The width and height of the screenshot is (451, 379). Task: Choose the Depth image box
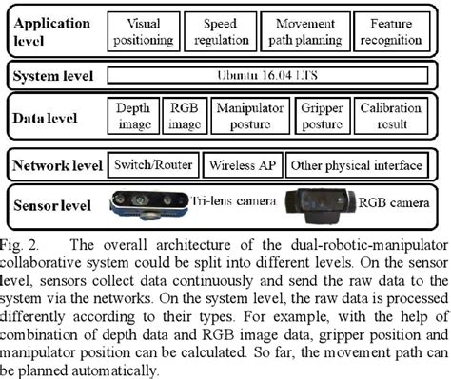pyautogui.click(x=133, y=115)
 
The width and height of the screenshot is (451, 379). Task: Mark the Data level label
pyautogui.click(x=49, y=116)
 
